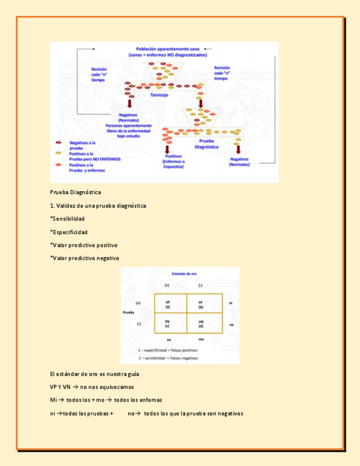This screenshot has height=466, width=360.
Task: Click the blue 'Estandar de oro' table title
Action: [x=185, y=273]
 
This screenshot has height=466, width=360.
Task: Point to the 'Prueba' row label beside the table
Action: [x=128, y=312]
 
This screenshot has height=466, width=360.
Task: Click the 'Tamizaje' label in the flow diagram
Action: [x=159, y=95]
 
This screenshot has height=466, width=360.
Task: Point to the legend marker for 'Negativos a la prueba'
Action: [x=58, y=143]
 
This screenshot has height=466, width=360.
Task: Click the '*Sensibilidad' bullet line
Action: [x=67, y=219]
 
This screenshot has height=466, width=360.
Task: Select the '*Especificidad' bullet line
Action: [x=69, y=232]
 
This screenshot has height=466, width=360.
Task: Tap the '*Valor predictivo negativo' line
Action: [x=85, y=258]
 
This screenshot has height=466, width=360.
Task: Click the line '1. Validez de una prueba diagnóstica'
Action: [x=98, y=206]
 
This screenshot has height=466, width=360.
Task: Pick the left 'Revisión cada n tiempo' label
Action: [x=99, y=74]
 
